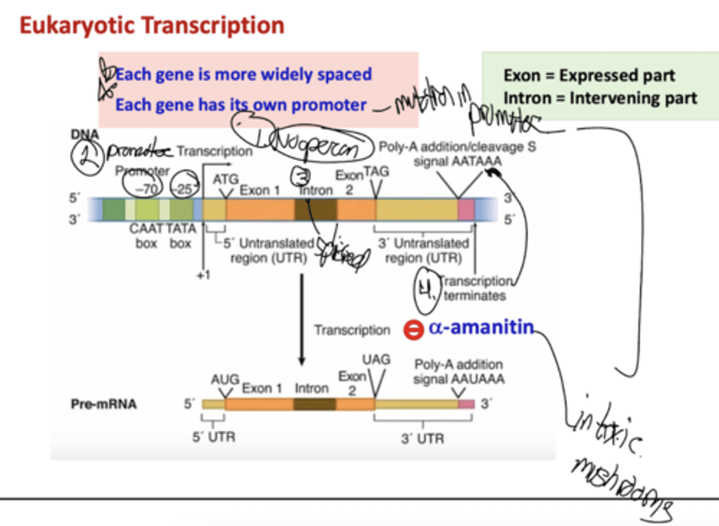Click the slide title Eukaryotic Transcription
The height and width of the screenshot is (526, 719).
pyautogui.click(x=152, y=25)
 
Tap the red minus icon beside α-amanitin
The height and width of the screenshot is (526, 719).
pyautogui.click(x=413, y=330)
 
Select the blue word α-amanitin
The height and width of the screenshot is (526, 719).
pyautogui.click(x=481, y=327)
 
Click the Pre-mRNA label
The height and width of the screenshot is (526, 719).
pyautogui.click(x=103, y=404)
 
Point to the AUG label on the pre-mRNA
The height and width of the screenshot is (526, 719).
pyautogui.click(x=225, y=379)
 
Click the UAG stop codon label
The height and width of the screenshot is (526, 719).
pyautogui.click(x=376, y=359)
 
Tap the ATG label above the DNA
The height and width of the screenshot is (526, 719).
pyautogui.click(x=226, y=179)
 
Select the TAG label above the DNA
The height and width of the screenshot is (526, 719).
pyautogui.click(x=376, y=172)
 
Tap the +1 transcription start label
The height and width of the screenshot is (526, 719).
pyautogui.click(x=203, y=275)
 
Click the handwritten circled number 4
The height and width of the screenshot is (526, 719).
pyautogui.click(x=426, y=290)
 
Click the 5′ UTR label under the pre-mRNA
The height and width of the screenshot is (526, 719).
pyautogui.click(x=214, y=437)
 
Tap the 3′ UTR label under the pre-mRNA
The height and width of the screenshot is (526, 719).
pyautogui.click(x=422, y=439)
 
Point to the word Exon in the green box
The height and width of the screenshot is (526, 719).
pyautogui.click(x=522, y=75)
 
